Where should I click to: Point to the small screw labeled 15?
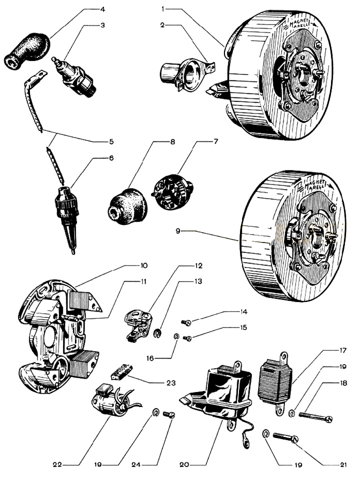[x=186, y=338]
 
